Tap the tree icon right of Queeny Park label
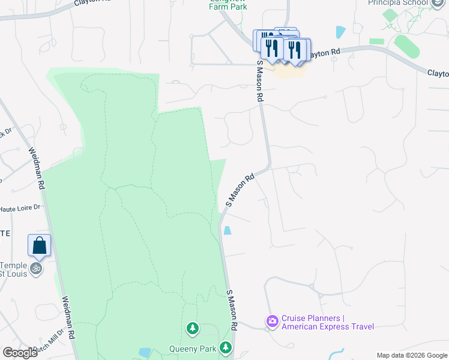point(226,347)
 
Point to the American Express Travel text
point(327,327)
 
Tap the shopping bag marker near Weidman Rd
point(39,245)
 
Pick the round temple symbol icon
point(36,268)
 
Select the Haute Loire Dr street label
point(20,207)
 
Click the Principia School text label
point(397,3)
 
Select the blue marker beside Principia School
point(438,2)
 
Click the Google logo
point(20,353)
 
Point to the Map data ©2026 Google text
point(412,355)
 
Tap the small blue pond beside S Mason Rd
point(228,230)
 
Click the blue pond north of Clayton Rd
point(341,32)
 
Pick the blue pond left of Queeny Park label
point(145,352)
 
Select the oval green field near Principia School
point(407,46)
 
